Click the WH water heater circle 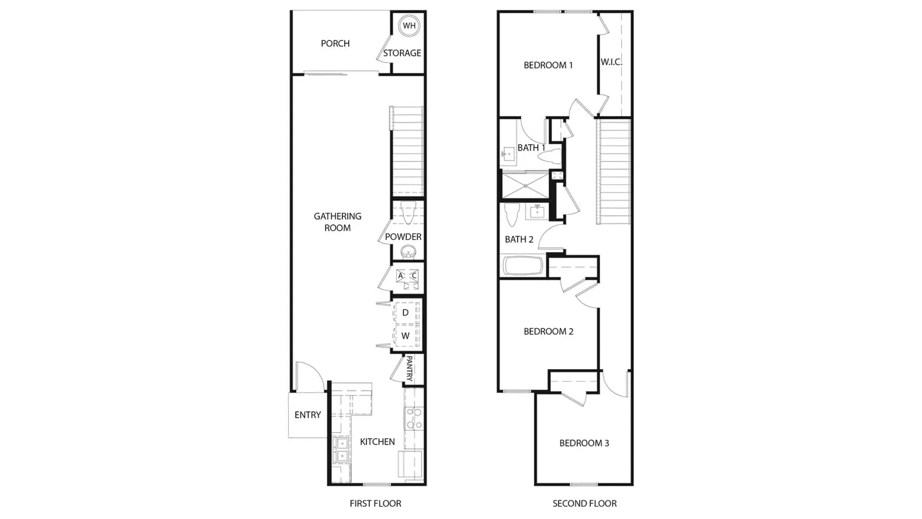click(409, 25)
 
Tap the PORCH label click(335, 43)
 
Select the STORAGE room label click(402, 52)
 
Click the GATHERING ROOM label click(338, 221)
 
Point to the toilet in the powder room click(408, 213)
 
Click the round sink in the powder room click(409, 251)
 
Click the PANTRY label click(409, 368)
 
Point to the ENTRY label click(308, 415)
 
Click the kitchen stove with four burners click(414, 419)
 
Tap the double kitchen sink click(342, 450)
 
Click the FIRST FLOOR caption click(375, 503)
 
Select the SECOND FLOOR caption click(584, 503)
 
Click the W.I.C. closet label click(611, 62)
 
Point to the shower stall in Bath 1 click(526, 186)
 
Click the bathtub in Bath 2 click(523, 266)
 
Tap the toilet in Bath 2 click(512, 215)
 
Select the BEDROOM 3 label click(584, 443)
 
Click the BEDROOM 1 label click(548, 65)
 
